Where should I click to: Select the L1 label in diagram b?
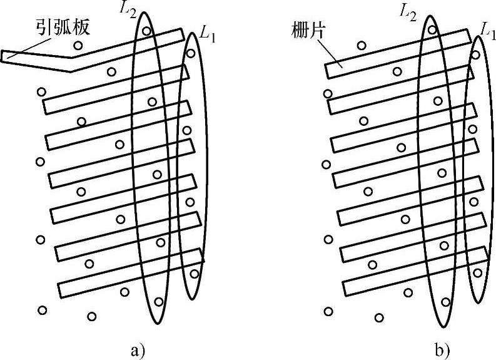coord(487,28)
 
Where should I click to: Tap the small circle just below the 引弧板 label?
coord(78,45)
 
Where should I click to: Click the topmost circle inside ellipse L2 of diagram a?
coord(146,31)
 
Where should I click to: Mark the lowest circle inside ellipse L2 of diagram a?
coord(158,302)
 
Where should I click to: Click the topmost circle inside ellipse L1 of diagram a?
coord(191,53)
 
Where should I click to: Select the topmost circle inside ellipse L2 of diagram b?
coord(432,29)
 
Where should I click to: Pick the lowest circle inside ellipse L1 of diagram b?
coord(478,272)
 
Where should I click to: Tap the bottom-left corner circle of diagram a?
coord(43,310)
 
